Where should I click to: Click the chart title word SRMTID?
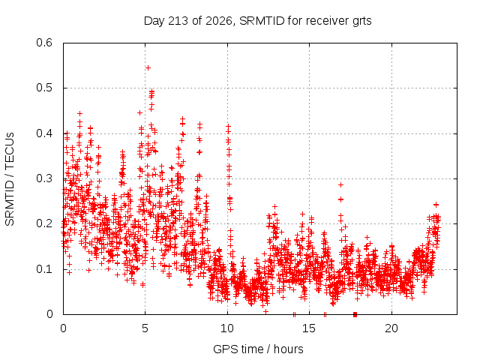point(262,21)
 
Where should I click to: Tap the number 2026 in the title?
point(218,21)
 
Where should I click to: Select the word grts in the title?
point(361,22)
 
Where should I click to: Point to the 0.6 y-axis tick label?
point(44,43)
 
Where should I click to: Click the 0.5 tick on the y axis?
point(44,88)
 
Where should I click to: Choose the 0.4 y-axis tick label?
point(44,133)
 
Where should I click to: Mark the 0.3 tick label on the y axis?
point(44,178)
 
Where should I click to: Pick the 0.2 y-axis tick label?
point(44,223)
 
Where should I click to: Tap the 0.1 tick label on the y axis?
point(44,269)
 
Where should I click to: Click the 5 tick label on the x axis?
point(145,328)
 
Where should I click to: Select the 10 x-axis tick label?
point(227,328)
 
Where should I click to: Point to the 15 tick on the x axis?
point(309,328)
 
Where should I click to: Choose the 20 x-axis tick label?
point(391,328)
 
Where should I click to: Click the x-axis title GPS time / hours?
point(258,349)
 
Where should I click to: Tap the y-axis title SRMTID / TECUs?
point(10,179)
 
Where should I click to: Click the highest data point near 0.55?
point(148,67)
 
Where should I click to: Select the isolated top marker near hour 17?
point(340,185)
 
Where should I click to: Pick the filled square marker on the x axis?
point(355,314)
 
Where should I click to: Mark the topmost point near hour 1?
point(80,113)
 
